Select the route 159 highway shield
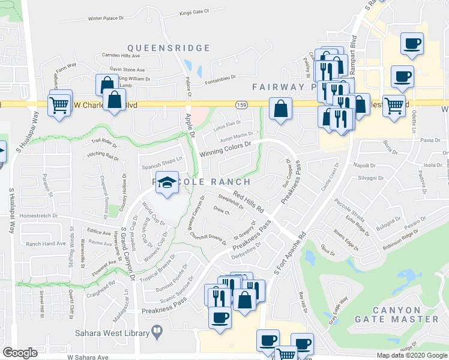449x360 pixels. coord(239,104)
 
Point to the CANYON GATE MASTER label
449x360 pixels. coord(405,314)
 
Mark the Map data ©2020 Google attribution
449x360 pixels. coord(412,355)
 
